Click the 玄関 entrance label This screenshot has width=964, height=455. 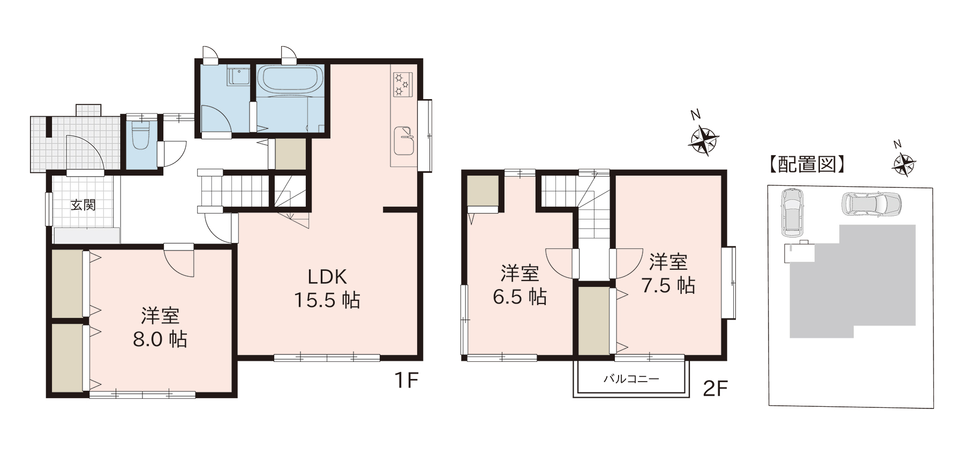point(83,205)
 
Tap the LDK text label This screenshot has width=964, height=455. point(327,276)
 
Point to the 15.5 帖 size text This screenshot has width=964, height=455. point(327,300)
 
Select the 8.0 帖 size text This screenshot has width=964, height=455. point(160,339)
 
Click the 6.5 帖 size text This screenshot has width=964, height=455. point(519,296)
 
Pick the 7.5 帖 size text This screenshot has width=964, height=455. point(668,285)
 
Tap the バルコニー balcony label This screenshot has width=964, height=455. point(631,379)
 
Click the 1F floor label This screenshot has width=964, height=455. point(406,381)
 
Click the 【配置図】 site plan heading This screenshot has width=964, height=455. point(807,164)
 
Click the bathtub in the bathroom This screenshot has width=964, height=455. point(291,79)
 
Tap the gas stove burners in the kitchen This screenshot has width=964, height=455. point(402,84)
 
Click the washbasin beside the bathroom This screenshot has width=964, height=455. point(238,76)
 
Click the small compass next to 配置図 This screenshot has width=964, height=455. point(903,164)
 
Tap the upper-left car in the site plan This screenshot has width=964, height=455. point(792,213)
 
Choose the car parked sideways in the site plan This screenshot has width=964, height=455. point(871,204)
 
